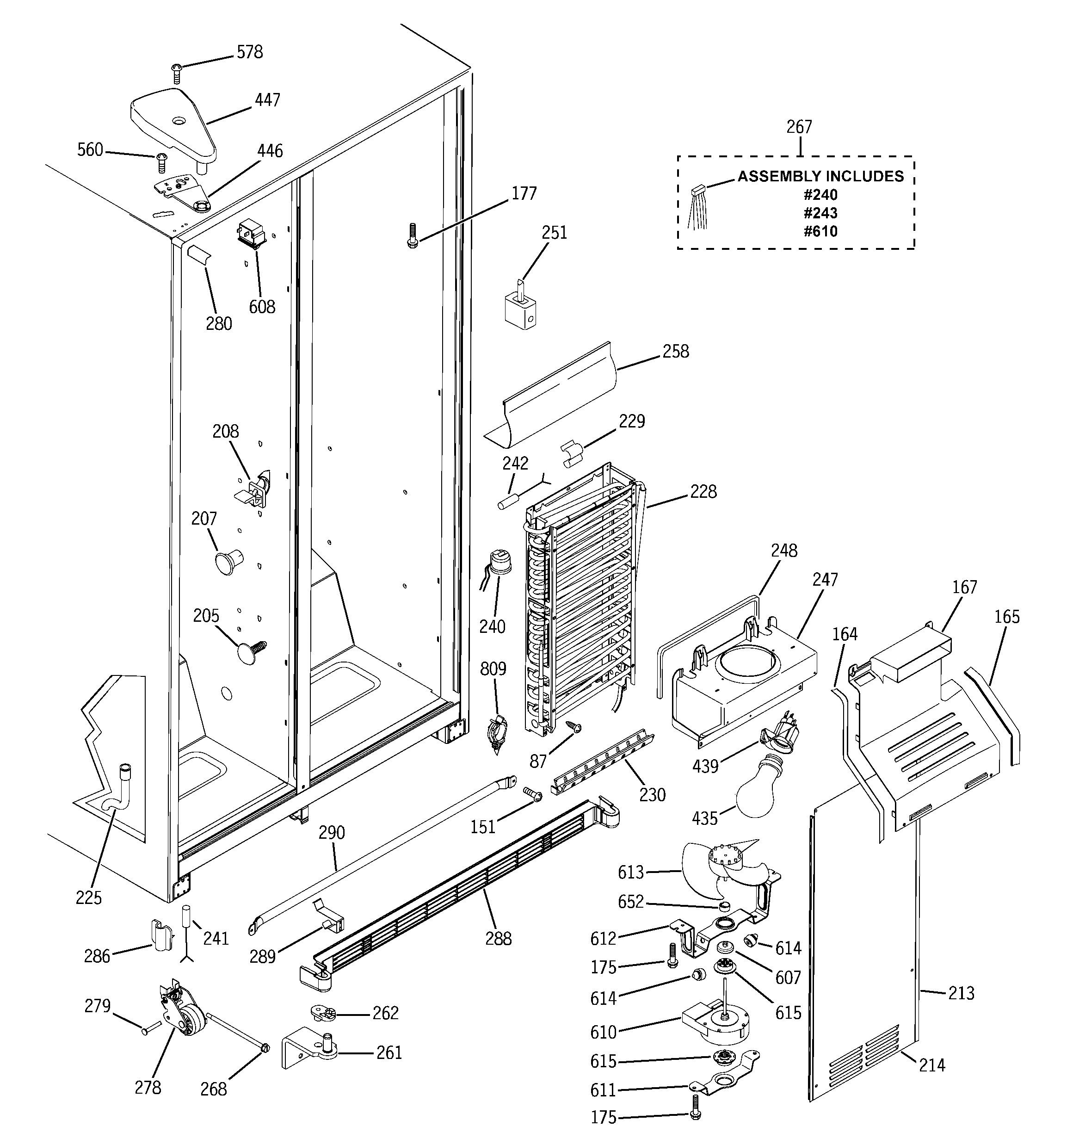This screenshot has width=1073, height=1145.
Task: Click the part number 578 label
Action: (249, 52)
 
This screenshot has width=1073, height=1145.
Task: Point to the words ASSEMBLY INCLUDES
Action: (821, 176)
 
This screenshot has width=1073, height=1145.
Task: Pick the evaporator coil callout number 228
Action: (703, 491)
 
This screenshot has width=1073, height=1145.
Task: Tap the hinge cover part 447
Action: (173, 124)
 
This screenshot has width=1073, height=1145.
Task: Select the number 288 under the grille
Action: (498, 939)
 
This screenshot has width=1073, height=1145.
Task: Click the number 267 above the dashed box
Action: (799, 127)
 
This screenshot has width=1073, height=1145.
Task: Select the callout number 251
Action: (554, 233)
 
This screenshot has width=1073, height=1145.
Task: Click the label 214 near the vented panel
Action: (931, 1065)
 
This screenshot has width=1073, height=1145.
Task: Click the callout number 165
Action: (1006, 617)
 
